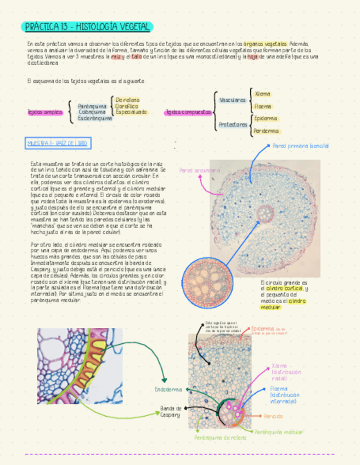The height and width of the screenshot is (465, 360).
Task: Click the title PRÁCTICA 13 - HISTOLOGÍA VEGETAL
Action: [x=88, y=27]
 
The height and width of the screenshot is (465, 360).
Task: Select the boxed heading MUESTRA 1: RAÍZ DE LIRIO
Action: [x=57, y=144]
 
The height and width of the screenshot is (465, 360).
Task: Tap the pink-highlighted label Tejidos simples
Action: [x=45, y=112]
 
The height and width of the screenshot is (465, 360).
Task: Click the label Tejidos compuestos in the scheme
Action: [x=188, y=112]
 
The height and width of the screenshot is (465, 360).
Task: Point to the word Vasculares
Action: [x=232, y=100]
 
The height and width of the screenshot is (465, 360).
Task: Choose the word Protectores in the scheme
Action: [x=233, y=124]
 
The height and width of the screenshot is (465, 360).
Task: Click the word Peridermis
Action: [x=266, y=131]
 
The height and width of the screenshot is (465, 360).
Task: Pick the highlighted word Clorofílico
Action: [x=127, y=106]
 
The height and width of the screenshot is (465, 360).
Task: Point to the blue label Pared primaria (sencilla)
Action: [x=300, y=146]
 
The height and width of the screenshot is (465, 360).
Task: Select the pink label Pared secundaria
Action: [x=200, y=171]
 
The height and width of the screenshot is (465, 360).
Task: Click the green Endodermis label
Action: [x=168, y=390]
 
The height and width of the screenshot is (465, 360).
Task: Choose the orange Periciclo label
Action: [x=273, y=416]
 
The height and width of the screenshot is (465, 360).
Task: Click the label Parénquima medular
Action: [x=279, y=432]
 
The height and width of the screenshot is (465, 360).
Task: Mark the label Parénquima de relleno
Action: [x=220, y=438]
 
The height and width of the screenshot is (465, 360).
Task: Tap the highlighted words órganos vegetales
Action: [x=266, y=43]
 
